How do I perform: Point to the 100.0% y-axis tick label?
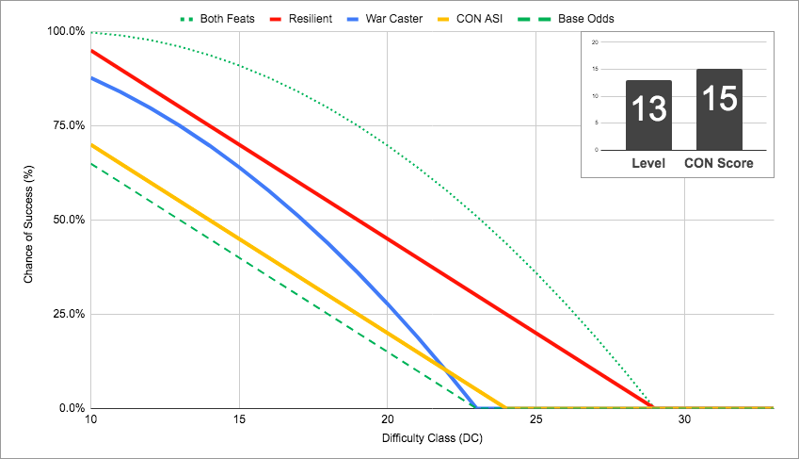[65, 31]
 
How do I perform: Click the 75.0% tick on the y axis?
[68, 125]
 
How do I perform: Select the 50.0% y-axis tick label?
[68, 220]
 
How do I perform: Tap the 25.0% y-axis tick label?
[68, 314]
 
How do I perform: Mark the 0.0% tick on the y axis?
[71, 408]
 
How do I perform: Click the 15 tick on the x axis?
[239, 419]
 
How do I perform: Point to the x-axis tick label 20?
[388, 419]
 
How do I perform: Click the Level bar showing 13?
[648, 114]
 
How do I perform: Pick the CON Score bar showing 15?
[719, 108]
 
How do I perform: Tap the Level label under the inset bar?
[648, 163]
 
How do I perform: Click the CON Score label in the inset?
[719, 163]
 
